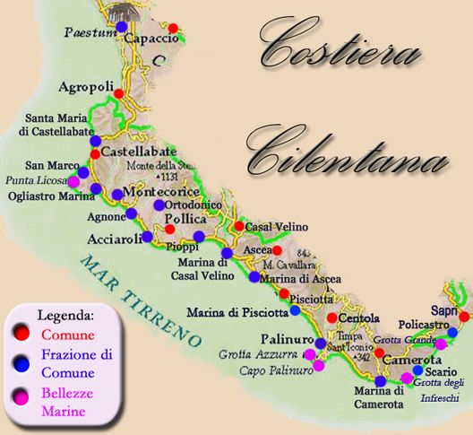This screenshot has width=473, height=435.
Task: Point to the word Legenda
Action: [x=65, y=316]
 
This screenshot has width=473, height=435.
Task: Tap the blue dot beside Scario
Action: [x=417, y=370]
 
